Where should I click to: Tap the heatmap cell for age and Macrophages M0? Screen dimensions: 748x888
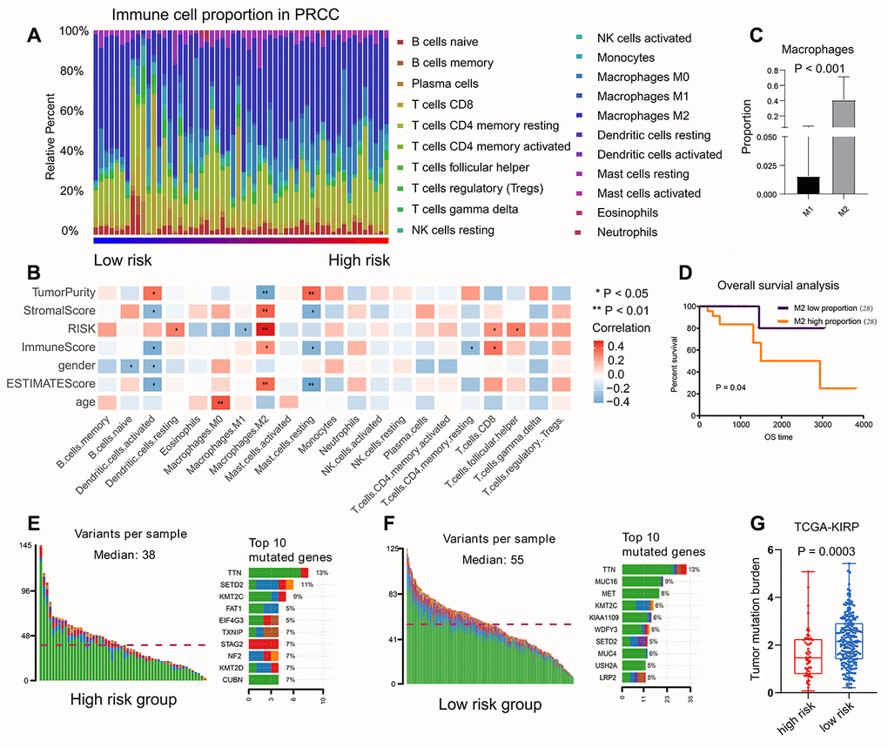pyautogui.click(x=218, y=401)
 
